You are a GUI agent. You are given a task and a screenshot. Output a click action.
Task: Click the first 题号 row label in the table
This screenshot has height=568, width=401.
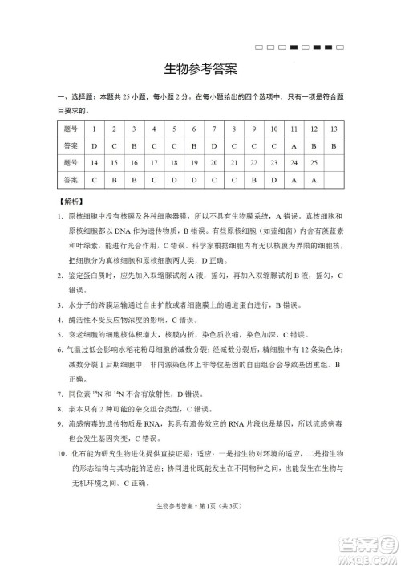pyautogui.click(x=71, y=129)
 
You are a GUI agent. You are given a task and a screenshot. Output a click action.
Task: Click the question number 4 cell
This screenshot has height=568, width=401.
pyautogui.click(x=154, y=129)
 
